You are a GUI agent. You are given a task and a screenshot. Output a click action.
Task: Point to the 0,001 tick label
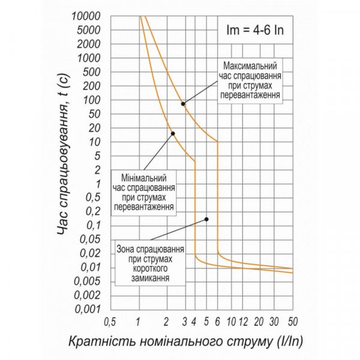pos(85,309)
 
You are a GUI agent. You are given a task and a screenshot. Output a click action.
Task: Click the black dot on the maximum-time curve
pos(183,104)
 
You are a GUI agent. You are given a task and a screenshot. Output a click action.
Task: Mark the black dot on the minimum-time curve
pos(173,134)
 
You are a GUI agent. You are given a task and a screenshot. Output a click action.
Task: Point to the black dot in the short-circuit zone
pos(206,219)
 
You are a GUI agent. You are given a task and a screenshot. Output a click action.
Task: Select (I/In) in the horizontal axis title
pos(289,341)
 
